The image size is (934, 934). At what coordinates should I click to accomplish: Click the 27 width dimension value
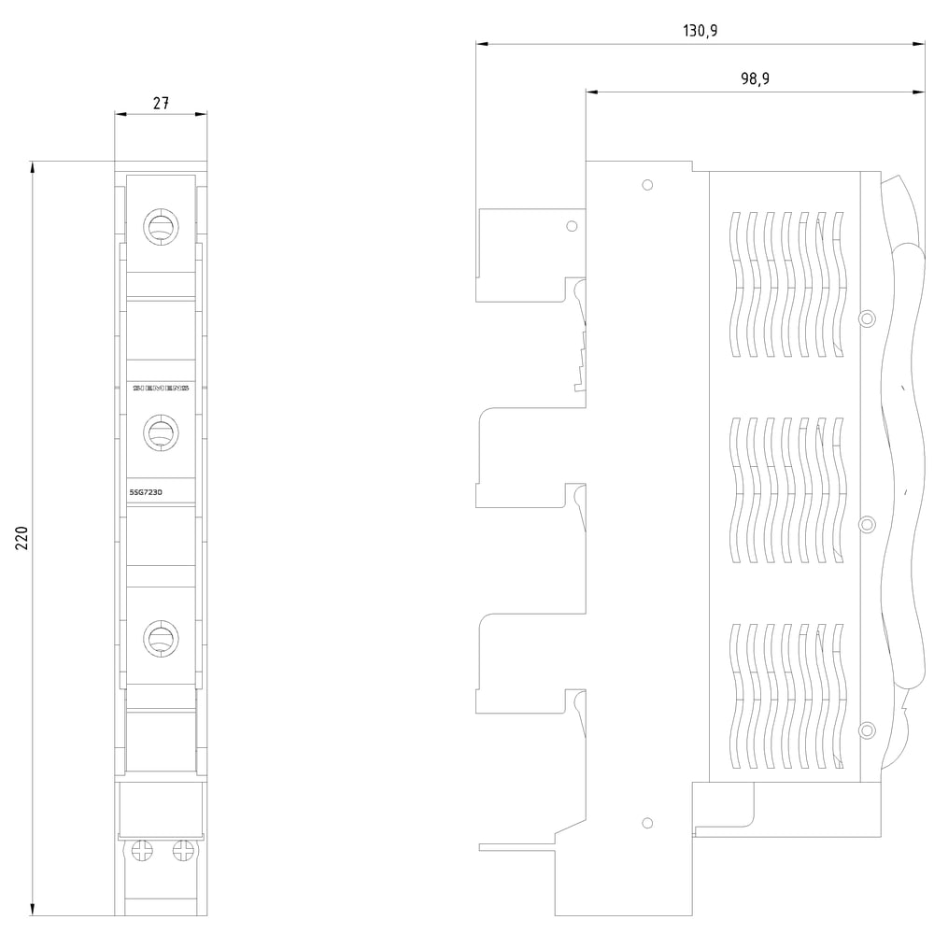point(161,104)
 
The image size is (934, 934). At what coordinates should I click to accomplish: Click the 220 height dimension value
point(22,539)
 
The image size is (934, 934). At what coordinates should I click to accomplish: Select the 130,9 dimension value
point(700,31)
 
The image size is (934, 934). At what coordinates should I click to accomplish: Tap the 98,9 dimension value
point(755,79)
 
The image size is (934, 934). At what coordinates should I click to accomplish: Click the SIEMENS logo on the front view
point(161,388)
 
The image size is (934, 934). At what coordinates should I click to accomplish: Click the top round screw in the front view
point(161,225)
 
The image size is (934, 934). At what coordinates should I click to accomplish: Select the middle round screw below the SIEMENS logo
point(161,432)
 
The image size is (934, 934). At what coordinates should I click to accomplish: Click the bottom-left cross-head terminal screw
point(143,850)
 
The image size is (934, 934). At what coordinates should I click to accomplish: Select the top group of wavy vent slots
point(785,284)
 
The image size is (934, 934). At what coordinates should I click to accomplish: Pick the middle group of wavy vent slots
point(785,490)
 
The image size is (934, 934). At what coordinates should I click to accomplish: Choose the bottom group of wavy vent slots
point(785,696)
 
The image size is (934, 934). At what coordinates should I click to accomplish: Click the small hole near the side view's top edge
point(647,185)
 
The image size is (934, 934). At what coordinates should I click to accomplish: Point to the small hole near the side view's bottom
point(647,823)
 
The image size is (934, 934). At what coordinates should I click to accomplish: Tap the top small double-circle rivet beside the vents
point(866,318)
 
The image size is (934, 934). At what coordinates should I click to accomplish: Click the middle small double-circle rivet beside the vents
point(866,523)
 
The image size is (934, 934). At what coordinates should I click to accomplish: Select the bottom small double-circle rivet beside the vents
point(866,729)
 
